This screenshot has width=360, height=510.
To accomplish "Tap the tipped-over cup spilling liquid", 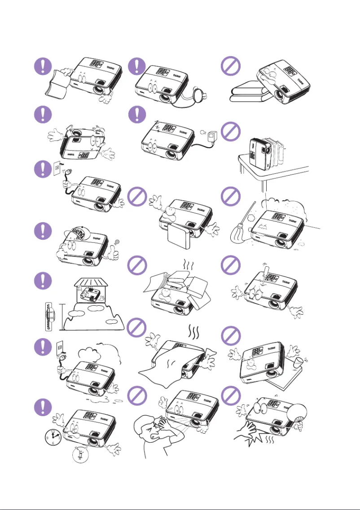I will (298, 361).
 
